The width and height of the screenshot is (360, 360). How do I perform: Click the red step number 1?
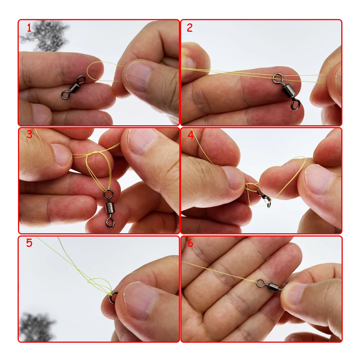point(29,28)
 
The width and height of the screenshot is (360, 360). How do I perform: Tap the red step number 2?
point(189,28)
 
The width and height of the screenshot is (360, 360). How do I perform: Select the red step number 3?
point(29,134)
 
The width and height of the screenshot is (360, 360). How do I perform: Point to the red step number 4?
point(190,135)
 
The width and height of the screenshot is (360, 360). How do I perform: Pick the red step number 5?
point(29,243)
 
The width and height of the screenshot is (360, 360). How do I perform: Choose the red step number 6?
point(190,243)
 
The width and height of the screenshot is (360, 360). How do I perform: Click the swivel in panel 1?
point(73,87)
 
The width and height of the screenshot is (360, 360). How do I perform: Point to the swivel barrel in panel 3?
point(109,208)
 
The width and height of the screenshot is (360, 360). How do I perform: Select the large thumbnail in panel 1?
point(136,77)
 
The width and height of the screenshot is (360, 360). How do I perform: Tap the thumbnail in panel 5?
point(140,301)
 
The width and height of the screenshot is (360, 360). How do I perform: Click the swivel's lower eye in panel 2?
point(296,104)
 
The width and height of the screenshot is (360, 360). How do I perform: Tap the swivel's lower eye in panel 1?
point(66,95)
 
